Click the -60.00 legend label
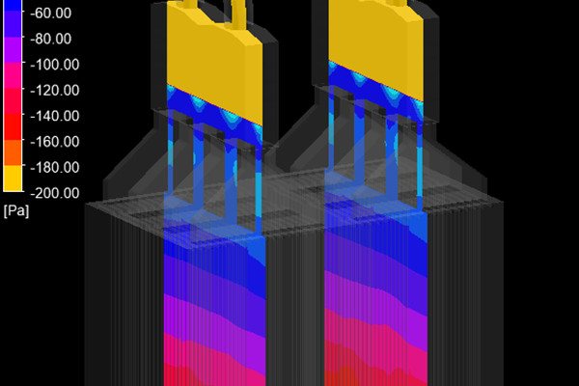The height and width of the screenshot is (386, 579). (x=50, y=14)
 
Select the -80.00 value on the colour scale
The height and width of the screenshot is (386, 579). (x=50, y=39)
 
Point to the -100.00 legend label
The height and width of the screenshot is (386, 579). (x=55, y=65)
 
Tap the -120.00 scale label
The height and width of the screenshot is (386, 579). (x=55, y=90)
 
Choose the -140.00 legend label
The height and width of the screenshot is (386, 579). (x=55, y=116)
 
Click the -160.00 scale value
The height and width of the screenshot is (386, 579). (x=55, y=142)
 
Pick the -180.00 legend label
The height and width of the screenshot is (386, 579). (x=55, y=167)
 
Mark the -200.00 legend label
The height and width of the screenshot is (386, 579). (x=55, y=193)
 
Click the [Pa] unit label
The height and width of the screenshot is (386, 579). (x=16, y=211)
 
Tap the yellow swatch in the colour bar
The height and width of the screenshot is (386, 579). (x=13, y=178)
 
